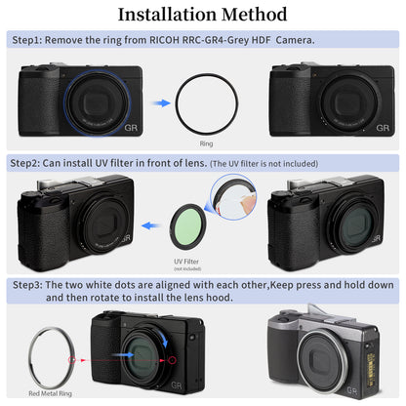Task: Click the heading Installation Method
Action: pyautogui.click(x=202, y=15)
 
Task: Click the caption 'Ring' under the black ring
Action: pyautogui.click(x=205, y=143)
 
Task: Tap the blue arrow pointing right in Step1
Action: pyautogui.click(x=160, y=99)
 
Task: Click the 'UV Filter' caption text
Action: pyautogui.click(x=185, y=262)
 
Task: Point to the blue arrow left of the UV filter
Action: pyautogui.click(x=148, y=223)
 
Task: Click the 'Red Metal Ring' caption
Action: pyautogui.click(x=48, y=395)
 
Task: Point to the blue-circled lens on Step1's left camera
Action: pyautogui.click(x=98, y=98)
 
